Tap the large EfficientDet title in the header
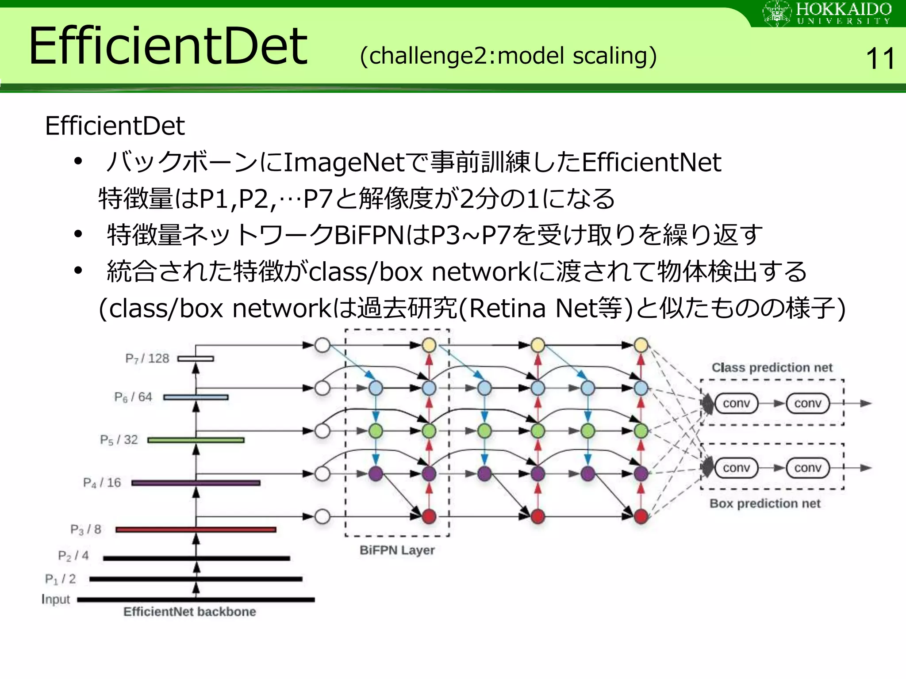click(x=168, y=46)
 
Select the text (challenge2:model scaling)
click(x=508, y=56)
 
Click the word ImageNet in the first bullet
click(x=344, y=162)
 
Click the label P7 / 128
click(x=147, y=359)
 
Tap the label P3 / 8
click(x=86, y=529)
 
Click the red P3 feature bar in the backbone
click(x=196, y=529)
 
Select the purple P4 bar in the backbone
click(x=196, y=483)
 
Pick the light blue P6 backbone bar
click(x=196, y=397)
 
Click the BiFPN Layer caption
click(x=397, y=550)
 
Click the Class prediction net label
click(x=772, y=368)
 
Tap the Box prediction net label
click(x=764, y=504)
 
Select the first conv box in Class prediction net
click(x=736, y=403)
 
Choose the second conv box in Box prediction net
click(x=807, y=468)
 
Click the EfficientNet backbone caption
click(x=189, y=612)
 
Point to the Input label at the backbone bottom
click(x=56, y=599)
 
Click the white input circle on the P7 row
click(x=322, y=345)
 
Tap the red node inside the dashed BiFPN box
click(x=429, y=516)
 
